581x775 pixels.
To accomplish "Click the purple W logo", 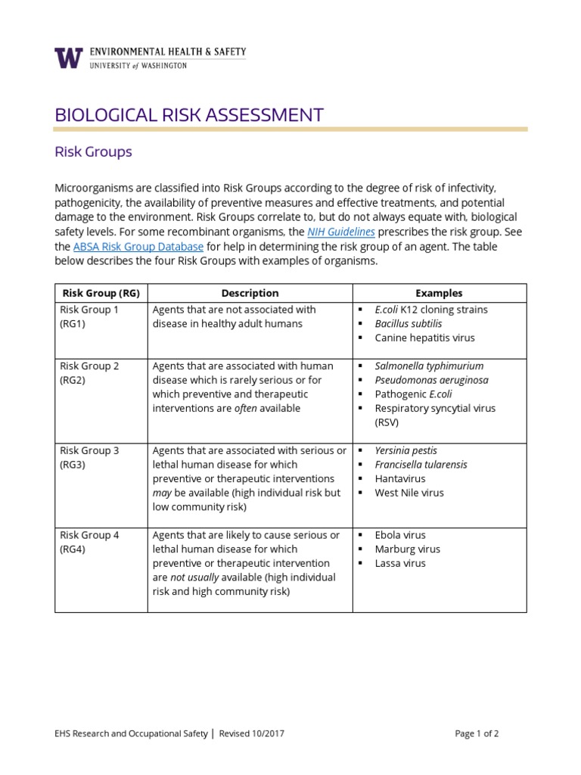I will click(x=67, y=58).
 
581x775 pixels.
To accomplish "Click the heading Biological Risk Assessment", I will click(x=189, y=115).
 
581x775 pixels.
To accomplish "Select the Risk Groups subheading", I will click(x=93, y=151).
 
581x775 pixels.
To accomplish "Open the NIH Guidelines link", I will click(x=340, y=232).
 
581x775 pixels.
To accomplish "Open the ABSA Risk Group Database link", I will click(x=138, y=247).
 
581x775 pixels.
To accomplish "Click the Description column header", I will click(x=250, y=293).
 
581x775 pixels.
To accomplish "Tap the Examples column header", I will click(x=439, y=293).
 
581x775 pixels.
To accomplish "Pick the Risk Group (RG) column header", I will click(x=101, y=293).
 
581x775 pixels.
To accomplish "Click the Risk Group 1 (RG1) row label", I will click(x=89, y=316).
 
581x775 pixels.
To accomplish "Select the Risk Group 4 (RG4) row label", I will click(x=89, y=542).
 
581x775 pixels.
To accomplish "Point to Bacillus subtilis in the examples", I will click(x=409, y=324).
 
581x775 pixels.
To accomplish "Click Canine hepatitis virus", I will click(x=424, y=338).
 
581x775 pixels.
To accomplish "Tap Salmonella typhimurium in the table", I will click(x=429, y=366).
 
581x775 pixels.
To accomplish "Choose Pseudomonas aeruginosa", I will click(x=431, y=380).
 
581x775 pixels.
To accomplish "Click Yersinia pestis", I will click(x=405, y=450).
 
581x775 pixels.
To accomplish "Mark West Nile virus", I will click(x=409, y=493).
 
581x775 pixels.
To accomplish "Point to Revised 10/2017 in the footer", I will click(x=252, y=733).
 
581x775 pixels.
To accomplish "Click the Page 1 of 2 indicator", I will click(x=477, y=733).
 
